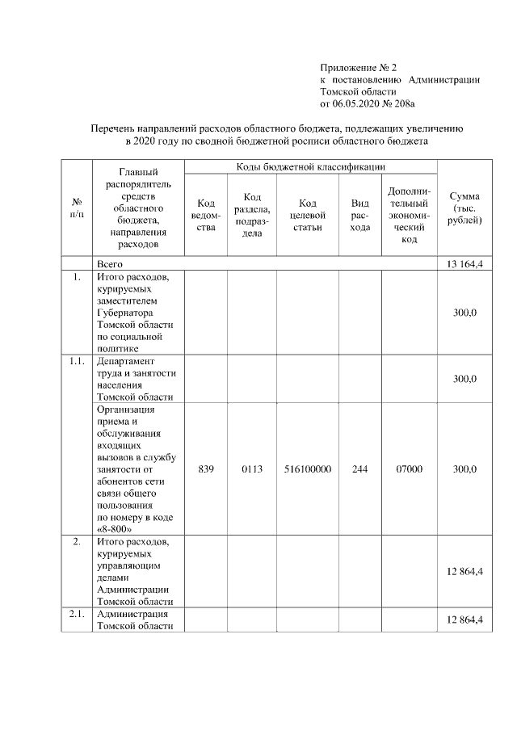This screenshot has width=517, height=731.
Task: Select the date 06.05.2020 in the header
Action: (x=358, y=103)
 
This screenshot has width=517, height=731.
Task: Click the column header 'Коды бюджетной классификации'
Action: (x=310, y=166)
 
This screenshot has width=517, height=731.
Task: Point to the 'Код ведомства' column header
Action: (x=205, y=215)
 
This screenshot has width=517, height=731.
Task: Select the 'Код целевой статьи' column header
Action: (x=311, y=215)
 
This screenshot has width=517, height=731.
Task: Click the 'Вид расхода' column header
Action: (x=360, y=215)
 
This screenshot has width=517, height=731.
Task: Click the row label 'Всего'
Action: (x=110, y=264)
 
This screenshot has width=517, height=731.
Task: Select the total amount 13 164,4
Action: (x=464, y=264)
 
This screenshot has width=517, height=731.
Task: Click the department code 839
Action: (x=205, y=468)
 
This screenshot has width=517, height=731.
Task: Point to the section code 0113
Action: (x=252, y=468)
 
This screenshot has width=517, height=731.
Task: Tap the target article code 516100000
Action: (x=311, y=468)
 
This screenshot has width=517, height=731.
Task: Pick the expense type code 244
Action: (x=360, y=468)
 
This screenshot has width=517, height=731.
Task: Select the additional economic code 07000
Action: (x=409, y=468)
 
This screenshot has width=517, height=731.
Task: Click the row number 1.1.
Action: (x=78, y=361)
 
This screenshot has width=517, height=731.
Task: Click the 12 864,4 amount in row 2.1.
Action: (x=464, y=620)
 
